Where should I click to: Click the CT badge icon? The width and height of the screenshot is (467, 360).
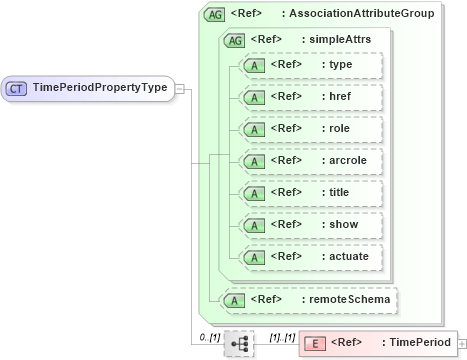(16, 88)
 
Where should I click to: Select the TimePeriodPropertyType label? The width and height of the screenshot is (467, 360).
(99, 88)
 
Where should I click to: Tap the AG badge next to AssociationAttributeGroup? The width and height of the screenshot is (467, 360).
(214, 14)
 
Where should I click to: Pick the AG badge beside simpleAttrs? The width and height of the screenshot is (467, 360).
(234, 40)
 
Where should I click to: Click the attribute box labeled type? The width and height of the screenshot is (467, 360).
(311, 65)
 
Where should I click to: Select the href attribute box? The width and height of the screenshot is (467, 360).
(311, 97)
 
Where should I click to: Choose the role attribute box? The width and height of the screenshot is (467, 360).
(311, 129)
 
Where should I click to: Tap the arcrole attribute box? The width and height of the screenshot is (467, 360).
(311, 161)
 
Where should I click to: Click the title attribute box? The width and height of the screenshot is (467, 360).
(311, 193)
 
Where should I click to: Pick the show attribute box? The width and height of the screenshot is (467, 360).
(311, 225)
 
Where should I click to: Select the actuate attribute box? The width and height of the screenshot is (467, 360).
(311, 257)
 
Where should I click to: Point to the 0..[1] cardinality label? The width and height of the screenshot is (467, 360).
(209, 336)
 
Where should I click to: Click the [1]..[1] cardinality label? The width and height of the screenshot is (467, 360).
(282, 336)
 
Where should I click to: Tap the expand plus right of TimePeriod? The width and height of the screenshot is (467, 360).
(461, 343)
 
